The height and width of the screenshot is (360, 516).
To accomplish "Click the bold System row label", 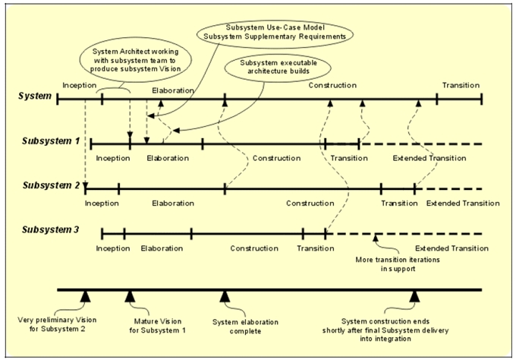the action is click(35, 96).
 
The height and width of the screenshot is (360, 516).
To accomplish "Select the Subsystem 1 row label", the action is click(51, 141).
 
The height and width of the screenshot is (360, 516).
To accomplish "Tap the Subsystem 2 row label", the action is click(52, 185).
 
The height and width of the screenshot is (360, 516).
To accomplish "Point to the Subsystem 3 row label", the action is click(51, 229).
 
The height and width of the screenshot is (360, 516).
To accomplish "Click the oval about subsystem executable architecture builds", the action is click(278, 67).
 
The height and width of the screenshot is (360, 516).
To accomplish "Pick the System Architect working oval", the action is click(136, 61).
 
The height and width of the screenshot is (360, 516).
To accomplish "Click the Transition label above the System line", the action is click(461, 85).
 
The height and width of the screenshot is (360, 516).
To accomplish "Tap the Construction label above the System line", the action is click(332, 85).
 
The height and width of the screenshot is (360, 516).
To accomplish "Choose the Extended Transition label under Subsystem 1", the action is click(429, 158).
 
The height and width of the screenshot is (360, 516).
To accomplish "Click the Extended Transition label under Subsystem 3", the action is click(451, 248).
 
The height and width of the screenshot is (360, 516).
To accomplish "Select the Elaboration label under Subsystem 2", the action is click(173, 204).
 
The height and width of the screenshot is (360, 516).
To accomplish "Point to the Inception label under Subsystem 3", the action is click(113, 248).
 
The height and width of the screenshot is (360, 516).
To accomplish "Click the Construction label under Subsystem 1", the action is click(276, 158).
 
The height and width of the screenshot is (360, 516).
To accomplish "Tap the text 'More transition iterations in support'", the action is click(398, 264).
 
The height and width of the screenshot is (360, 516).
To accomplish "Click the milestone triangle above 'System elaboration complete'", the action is click(225, 296).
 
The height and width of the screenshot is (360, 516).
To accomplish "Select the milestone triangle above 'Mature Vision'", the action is click(130, 296).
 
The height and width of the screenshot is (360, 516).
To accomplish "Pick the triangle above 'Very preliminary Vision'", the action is click(85, 296).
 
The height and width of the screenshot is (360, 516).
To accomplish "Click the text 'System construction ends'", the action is click(385, 321).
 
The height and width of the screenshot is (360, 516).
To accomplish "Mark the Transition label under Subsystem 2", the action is click(399, 204).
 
